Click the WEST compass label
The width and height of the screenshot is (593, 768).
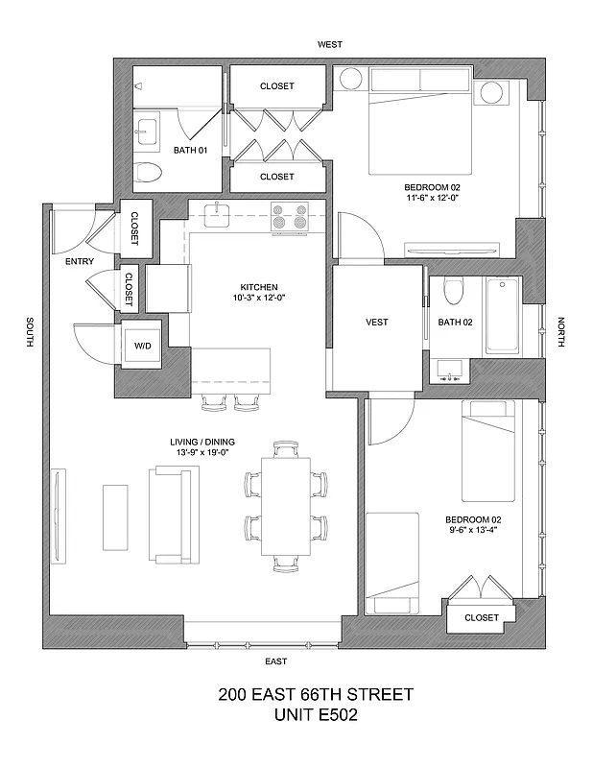click(330, 44)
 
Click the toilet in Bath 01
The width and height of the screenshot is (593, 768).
click(148, 173)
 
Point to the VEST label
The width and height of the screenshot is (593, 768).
click(377, 322)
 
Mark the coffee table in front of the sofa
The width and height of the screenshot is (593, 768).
click(115, 515)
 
